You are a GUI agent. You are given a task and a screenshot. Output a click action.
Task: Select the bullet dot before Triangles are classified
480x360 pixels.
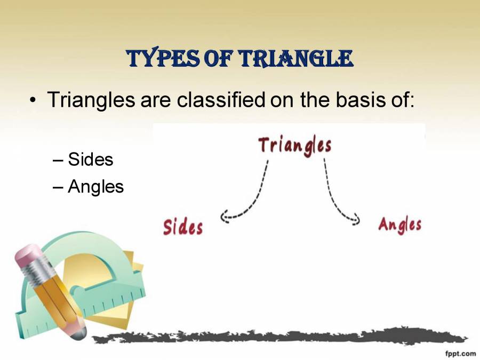click(34, 100)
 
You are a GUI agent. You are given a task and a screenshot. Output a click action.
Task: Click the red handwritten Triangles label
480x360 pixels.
click(295, 146)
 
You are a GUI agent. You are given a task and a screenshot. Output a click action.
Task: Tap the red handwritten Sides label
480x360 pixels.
click(183, 227)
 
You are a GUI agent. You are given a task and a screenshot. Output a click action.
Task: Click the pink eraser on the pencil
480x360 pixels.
click(28, 258)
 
